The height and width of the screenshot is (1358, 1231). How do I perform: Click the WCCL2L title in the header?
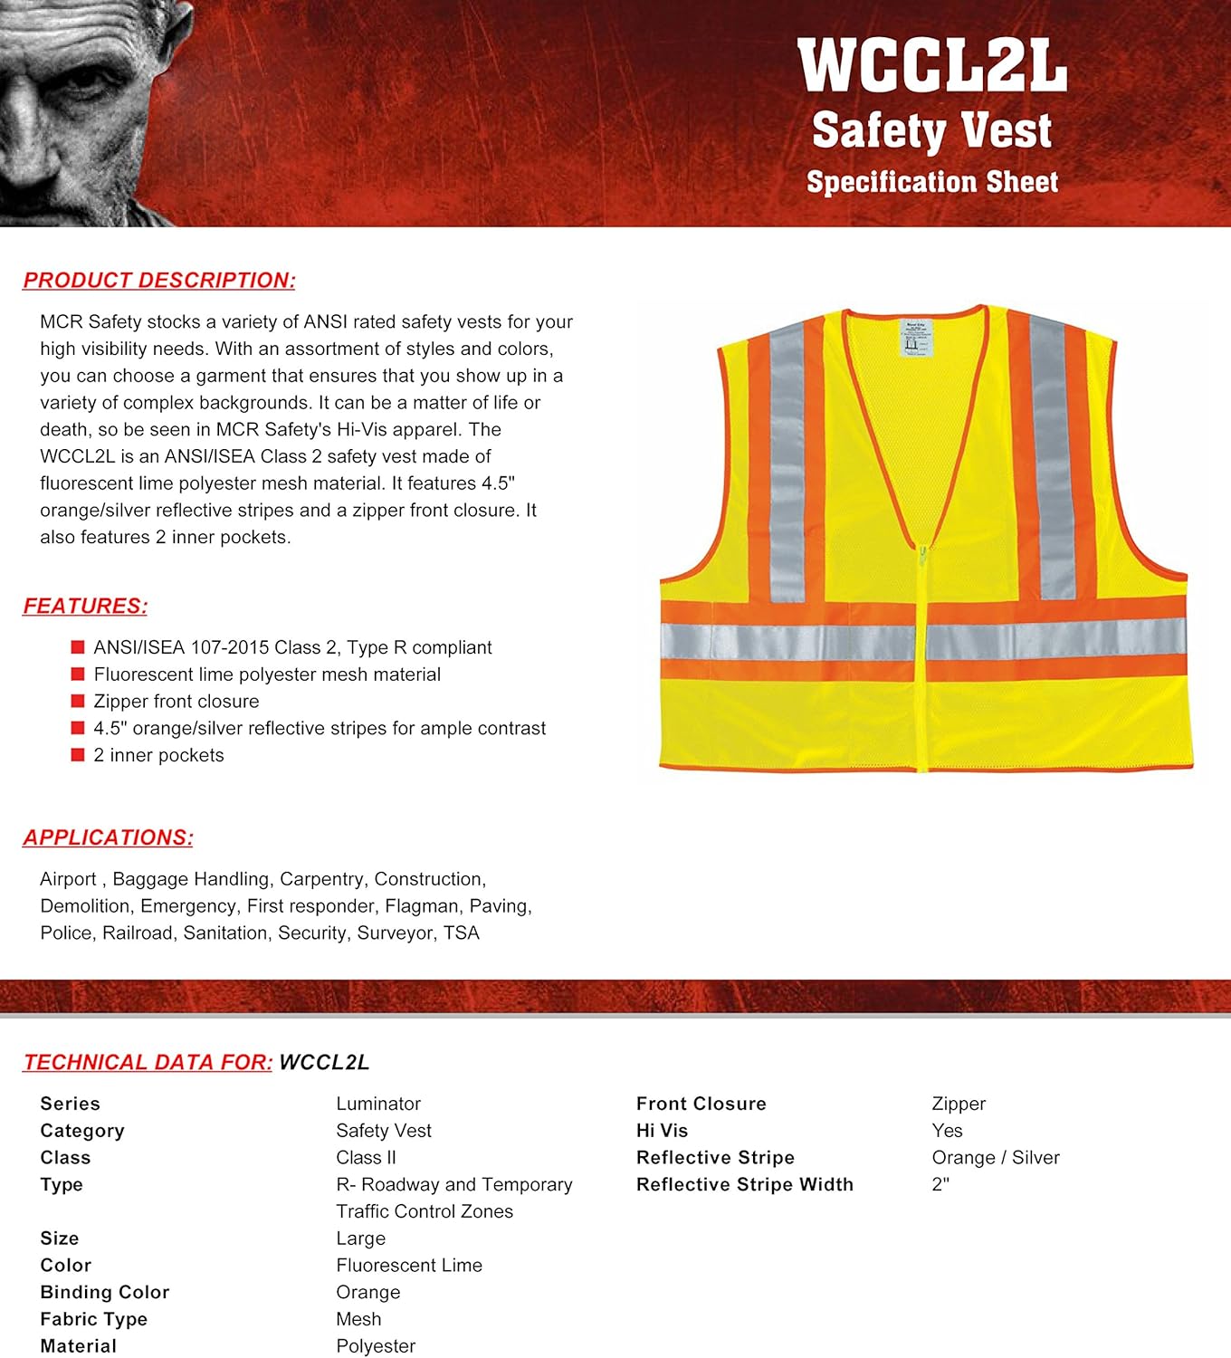[x=932, y=65]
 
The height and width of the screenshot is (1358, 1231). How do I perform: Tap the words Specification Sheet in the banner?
[x=932, y=182]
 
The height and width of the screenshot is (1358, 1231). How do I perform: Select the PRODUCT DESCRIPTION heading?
[x=159, y=281]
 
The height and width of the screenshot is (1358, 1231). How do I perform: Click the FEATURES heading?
[x=85, y=607]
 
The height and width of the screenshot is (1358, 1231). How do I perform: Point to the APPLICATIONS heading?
[x=108, y=838]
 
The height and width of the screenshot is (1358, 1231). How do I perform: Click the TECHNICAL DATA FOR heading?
[x=148, y=1063]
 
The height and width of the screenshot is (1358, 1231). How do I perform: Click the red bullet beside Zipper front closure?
[x=78, y=701]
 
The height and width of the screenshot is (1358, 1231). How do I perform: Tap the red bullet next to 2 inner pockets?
[x=78, y=755]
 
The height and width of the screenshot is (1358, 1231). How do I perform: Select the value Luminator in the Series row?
[x=378, y=1104]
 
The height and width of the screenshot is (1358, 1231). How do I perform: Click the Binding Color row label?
[x=105, y=1292]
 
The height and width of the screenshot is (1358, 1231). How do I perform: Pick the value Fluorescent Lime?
[x=409, y=1266]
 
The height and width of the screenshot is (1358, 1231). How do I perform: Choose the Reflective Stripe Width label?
[x=744, y=1184]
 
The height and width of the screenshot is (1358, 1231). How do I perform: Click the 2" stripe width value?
[x=940, y=1184]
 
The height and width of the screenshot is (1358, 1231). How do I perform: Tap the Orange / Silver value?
[x=996, y=1158]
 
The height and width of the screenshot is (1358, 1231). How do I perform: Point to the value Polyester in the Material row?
[x=376, y=1346]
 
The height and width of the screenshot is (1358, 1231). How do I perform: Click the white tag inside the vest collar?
[x=914, y=337]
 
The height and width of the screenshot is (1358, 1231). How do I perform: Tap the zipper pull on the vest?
[x=922, y=555]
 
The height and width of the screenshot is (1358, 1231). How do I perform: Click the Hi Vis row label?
[x=662, y=1131]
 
